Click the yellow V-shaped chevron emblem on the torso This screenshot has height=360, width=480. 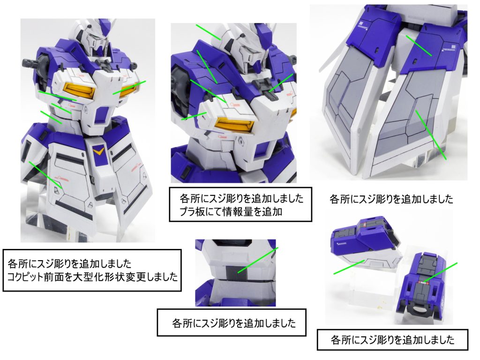click(x=98, y=151)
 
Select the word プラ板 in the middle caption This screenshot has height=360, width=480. click(x=187, y=211)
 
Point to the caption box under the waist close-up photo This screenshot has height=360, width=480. click(x=231, y=322)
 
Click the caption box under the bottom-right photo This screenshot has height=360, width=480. click(x=392, y=340)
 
